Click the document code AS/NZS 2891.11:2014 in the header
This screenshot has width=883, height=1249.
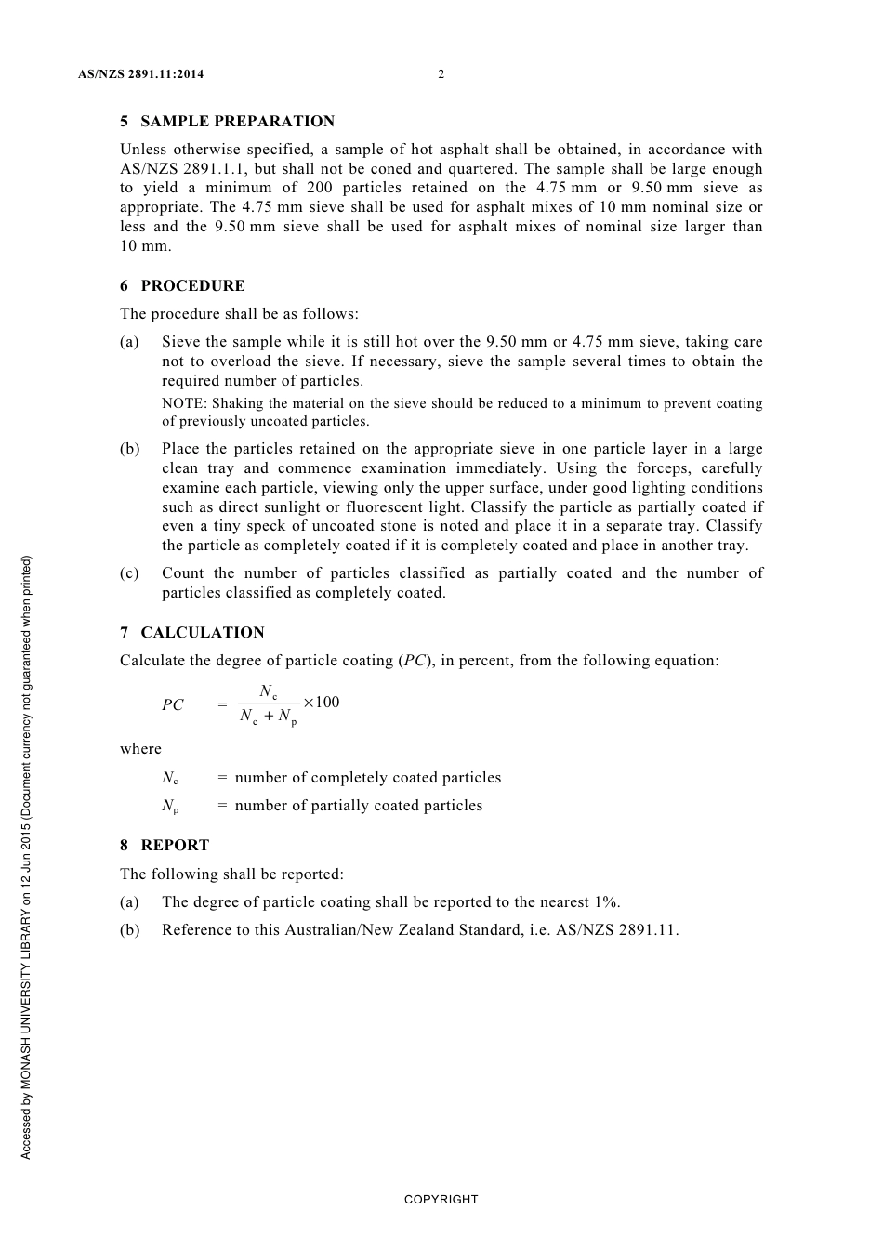[140, 74]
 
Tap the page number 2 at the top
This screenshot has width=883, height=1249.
[441, 74]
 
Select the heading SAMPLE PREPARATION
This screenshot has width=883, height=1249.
[237, 122]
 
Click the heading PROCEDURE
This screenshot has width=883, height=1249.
[192, 286]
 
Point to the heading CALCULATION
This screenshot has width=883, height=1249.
[202, 633]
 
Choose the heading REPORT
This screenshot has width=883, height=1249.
[175, 846]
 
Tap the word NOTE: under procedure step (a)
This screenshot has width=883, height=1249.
[184, 404]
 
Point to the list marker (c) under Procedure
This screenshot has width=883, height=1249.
[129, 573]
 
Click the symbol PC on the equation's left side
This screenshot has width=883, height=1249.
[173, 705]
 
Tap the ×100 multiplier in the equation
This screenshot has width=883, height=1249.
[322, 703]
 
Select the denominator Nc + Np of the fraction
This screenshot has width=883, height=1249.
[269, 717]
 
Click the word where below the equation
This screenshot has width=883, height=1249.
[140, 749]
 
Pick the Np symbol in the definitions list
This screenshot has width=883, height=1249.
[170, 807]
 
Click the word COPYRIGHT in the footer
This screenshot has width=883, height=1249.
[441, 1200]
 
